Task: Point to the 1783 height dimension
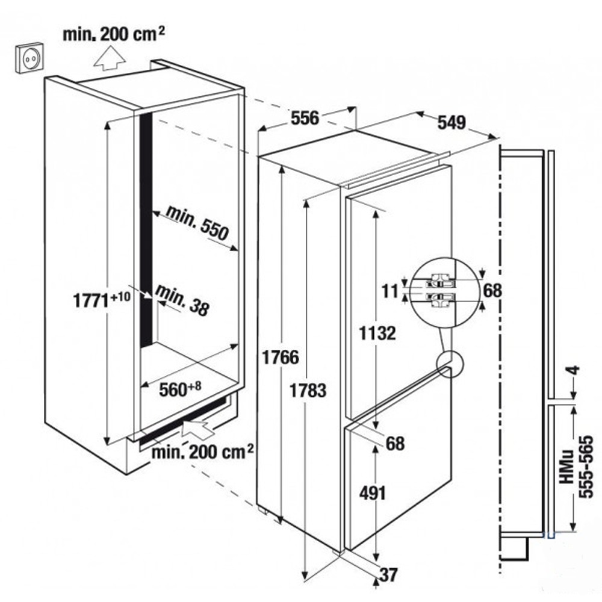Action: click(x=308, y=390)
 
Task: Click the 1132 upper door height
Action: click(x=377, y=332)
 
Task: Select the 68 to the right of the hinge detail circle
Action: click(x=492, y=291)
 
